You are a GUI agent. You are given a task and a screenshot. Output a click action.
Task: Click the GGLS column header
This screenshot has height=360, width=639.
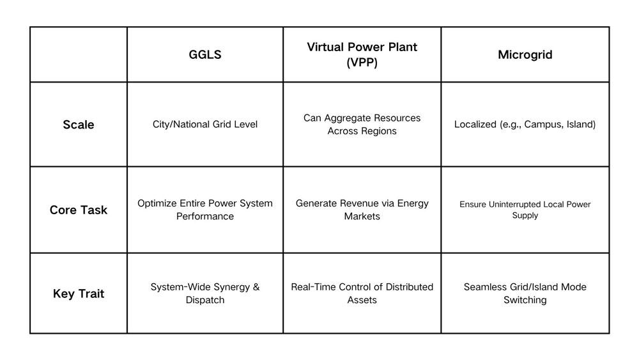tap(205, 54)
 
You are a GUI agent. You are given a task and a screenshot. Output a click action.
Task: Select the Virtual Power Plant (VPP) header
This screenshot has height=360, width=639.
tap(362, 54)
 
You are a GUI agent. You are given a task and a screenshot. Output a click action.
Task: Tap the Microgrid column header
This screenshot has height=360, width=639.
tap(525, 54)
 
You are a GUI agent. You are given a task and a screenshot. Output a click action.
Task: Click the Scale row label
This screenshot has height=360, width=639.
tap(78, 124)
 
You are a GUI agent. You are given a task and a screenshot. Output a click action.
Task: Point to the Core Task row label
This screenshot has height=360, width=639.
tap(78, 210)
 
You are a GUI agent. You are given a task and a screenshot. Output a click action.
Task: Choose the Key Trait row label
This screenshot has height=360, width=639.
tap(78, 293)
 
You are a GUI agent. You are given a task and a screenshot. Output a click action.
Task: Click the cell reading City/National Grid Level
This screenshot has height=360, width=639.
tap(205, 124)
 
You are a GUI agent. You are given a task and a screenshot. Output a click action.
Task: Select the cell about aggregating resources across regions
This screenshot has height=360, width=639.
tap(362, 124)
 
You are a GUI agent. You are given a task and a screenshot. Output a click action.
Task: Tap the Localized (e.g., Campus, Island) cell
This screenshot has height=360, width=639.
tap(525, 124)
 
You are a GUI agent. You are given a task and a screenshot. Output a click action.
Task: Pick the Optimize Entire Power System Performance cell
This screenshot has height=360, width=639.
tap(205, 210)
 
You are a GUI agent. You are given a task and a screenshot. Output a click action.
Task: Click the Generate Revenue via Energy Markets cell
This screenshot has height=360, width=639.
tap(362, 210)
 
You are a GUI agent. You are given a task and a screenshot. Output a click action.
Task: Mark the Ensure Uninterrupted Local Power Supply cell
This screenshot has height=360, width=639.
tap(525, 210)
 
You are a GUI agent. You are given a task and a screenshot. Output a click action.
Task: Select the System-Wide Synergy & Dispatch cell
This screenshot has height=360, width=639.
tap(205, 293)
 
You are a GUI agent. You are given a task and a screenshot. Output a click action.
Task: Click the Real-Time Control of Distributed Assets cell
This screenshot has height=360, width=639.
tap(362, 293)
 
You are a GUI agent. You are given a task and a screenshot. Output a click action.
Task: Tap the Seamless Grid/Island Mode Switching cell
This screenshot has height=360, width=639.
tap(525, 293)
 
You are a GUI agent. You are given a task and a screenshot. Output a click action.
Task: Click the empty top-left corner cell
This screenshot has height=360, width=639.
tap(79, 54)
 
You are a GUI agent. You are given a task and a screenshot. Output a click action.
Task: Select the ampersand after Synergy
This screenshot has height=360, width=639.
tap(256, 287)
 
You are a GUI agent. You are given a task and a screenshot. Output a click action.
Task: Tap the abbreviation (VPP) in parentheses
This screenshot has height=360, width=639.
tap(362, 63)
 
